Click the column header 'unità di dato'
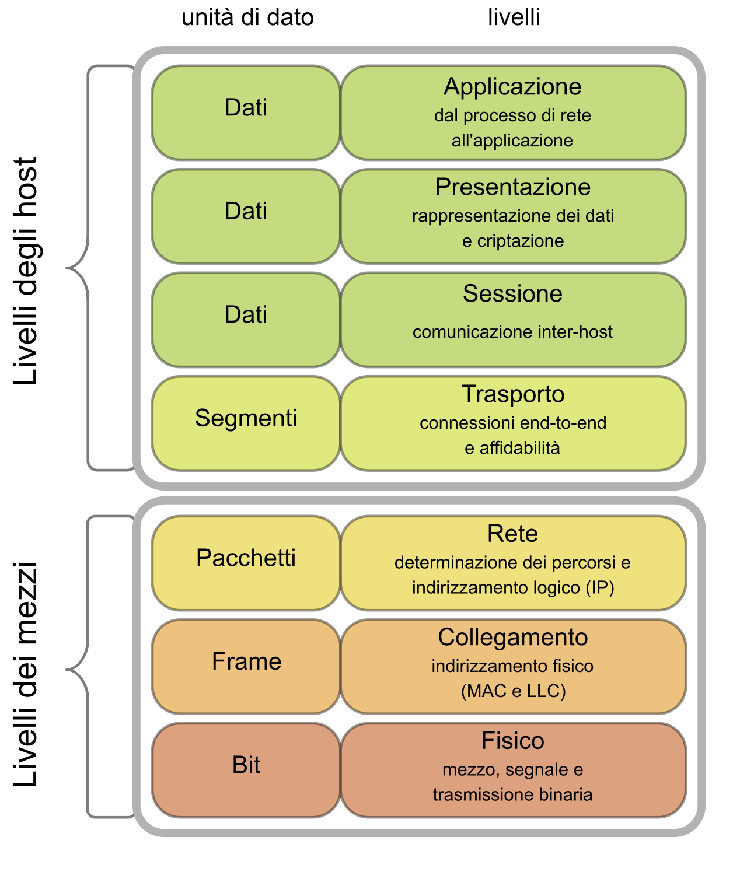(247, 17)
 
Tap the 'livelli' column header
(514, 17)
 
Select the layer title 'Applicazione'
(512, 87)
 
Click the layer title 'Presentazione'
(512, 187)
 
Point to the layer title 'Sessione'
(512, 293)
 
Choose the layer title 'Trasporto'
(512, 394)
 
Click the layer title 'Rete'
(512, 534)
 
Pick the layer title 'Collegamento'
(512, 638)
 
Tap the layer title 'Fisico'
(512, 741)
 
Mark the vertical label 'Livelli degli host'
(26, 271)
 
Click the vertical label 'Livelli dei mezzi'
(26, 674)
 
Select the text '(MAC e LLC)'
(513, 691)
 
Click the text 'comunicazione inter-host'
(512, 332)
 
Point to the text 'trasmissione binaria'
(512, 794)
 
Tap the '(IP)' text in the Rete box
(600, 587)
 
